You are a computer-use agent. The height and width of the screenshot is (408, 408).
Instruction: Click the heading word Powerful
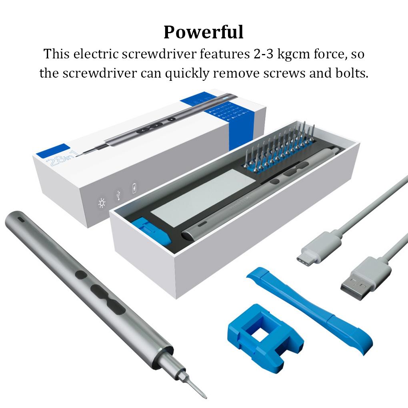(x=203, y=32)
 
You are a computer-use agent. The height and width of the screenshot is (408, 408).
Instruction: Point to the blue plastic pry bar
(x=308, y=308)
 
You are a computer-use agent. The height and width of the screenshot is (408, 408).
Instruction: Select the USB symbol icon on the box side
(x=118, y=195)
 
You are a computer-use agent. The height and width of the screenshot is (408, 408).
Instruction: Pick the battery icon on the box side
(x=134, y=188)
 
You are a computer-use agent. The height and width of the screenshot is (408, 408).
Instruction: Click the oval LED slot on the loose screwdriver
(x=20, y=220)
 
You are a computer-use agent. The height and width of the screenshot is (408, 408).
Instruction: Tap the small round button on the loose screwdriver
(x=80, y=275)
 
